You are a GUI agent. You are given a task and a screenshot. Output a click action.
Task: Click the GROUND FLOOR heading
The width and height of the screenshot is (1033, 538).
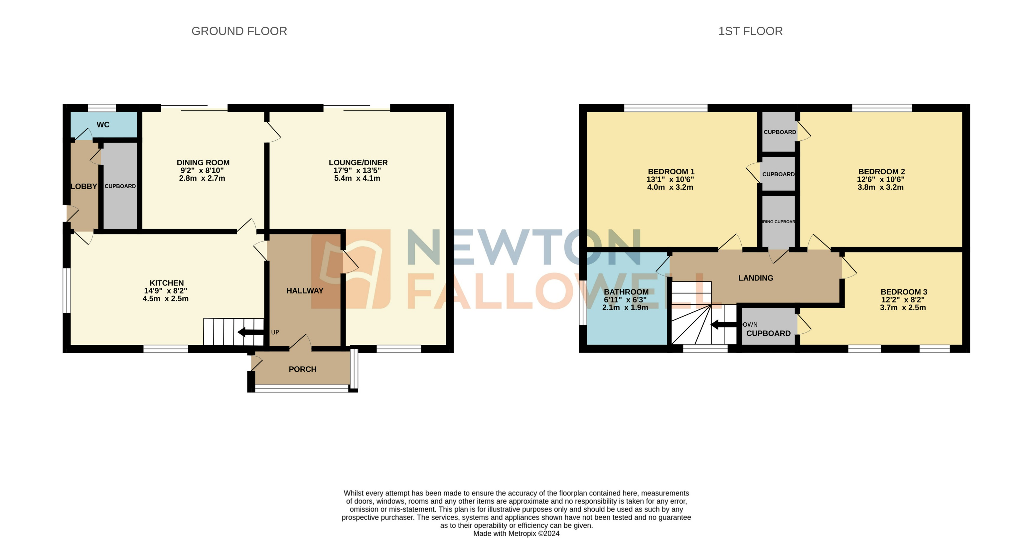tap(239, 31)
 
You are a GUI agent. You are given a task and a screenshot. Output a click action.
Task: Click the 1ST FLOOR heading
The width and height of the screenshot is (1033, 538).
tap(750, 31)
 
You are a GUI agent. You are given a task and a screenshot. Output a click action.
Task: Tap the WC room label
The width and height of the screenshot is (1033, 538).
tap(103, 125)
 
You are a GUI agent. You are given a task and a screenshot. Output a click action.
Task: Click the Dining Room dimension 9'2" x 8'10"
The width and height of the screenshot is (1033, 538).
tap(202, 171)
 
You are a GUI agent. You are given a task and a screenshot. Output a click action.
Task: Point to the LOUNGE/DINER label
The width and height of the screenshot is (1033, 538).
tap(358, 163)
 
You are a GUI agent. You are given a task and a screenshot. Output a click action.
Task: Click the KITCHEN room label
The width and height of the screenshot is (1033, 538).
tap(166, 283)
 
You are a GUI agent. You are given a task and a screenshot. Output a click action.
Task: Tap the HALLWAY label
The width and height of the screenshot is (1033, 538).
tap(305, 291)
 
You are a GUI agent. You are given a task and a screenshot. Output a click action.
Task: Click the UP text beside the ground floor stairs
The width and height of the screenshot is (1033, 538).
tap(275, 333)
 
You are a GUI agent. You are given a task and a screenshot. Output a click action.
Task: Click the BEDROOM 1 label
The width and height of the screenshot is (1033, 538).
tap(671, 171)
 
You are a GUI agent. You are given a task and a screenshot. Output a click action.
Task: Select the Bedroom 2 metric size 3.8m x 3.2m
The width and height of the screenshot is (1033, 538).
tap(881, 187)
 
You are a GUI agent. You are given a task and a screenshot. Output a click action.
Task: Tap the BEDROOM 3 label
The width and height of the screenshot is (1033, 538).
tap(904, 292)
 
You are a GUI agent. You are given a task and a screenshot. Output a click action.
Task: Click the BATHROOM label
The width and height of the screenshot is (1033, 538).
tap(626, 292)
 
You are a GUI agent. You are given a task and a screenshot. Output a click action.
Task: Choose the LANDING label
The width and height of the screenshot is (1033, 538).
tap(756, 278)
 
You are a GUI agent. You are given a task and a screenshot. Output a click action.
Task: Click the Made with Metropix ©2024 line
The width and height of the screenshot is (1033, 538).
tap(516, 534)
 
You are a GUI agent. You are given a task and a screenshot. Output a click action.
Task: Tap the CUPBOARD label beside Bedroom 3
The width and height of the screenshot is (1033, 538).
tap(768, 333)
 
